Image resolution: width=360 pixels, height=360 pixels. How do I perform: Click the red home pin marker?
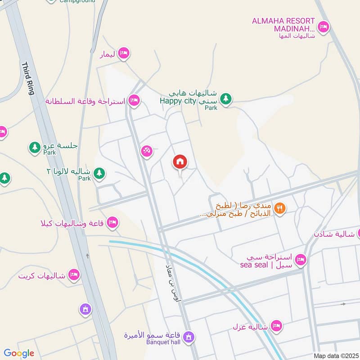[180, 162]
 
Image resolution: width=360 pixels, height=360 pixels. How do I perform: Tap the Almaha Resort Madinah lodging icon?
[323, 27]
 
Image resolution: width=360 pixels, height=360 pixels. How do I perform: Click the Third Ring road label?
[28, 78]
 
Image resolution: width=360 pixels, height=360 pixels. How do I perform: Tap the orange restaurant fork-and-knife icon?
[280, 208]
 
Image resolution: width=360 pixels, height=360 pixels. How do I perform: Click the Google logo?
[19, 353]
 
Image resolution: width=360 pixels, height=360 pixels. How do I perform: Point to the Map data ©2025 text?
[336, 355]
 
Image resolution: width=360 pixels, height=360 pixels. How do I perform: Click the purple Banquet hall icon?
[189, 336]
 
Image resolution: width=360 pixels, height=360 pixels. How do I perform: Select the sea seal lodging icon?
[301, 259]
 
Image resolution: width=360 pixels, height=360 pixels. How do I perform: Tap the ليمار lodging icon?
[123, 54]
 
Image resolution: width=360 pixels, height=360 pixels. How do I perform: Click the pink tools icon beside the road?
[146, 151]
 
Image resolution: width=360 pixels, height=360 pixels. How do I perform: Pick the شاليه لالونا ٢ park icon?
[99, 172]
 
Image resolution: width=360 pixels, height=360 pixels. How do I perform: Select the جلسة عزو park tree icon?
[35, 147]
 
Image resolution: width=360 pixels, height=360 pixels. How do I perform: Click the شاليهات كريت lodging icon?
[74, 274]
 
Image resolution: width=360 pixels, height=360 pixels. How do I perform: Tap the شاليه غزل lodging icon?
[276, 325]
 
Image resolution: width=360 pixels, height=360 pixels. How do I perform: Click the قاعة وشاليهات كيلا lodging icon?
[112, 222]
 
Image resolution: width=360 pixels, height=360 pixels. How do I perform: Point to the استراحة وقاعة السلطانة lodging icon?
[133, 101]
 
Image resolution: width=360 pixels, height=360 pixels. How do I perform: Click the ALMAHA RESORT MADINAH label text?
[283, 25]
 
